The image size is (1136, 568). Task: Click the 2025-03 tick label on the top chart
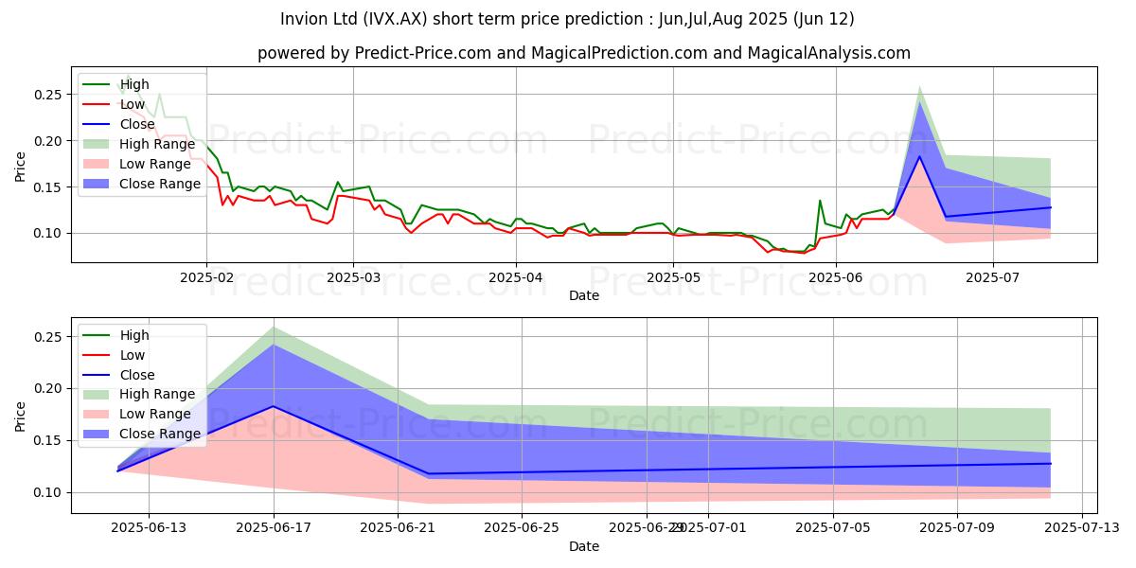(352, 278)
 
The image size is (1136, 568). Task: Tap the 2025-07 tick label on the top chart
(993, 278)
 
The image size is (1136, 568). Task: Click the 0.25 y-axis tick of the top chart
(48, 95)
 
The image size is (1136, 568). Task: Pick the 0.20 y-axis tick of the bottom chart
(48, 389)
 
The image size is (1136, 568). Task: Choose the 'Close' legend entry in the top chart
(138, 124)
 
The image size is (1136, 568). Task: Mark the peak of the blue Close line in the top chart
(920, 157)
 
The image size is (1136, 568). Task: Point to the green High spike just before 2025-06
(820, 201)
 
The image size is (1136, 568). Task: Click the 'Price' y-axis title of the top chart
(21, 167)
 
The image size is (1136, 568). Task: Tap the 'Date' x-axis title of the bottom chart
(584, 546)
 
